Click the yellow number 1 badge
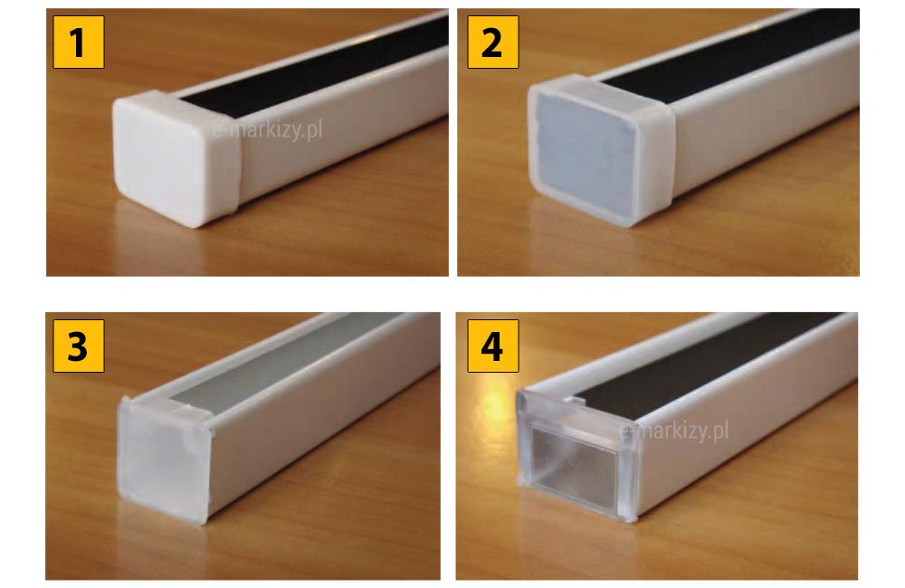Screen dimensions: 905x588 click(x=79, y=43)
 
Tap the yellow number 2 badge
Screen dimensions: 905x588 click(x=492, y=43)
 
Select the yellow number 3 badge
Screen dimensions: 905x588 click(x=79, y=346)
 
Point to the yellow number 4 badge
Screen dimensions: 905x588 click(x=492, y=346)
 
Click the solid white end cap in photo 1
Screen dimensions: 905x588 click(x=176, y=158)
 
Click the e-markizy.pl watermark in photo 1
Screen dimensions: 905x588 click(x=267, y=130)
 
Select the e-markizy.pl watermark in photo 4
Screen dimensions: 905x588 click(x=673, y=431)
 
